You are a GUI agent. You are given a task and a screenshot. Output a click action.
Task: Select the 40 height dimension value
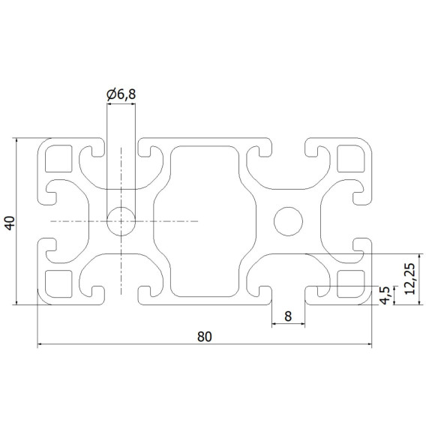tap(10, 222)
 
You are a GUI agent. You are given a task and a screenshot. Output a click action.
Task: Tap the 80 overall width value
tap(204, 337)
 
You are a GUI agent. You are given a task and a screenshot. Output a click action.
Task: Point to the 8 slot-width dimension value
tap(288, 316)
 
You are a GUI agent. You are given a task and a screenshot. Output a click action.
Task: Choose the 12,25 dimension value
tap(409, 279)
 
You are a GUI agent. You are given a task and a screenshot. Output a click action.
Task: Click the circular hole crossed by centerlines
tap(121, 221)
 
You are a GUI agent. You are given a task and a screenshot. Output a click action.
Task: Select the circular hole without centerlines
tap(288, 221)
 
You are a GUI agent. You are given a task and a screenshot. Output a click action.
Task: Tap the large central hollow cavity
tap(204, 221)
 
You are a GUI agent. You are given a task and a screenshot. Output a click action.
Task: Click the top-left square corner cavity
tap(57, 159)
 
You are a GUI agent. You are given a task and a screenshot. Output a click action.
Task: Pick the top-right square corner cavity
tap(350, 159)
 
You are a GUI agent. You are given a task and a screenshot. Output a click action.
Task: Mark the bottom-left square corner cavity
tap(57, 283)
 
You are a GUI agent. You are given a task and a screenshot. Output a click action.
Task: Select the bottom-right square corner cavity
tap(350, 283)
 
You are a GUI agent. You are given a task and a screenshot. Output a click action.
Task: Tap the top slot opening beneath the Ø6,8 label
tap(121, 146)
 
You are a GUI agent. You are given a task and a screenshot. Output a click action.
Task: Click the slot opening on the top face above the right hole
tap(288, 146)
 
